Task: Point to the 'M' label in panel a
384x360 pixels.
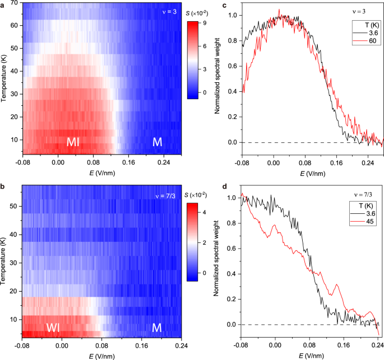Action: [158, 143]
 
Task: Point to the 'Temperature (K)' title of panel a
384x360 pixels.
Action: [4, 77]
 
